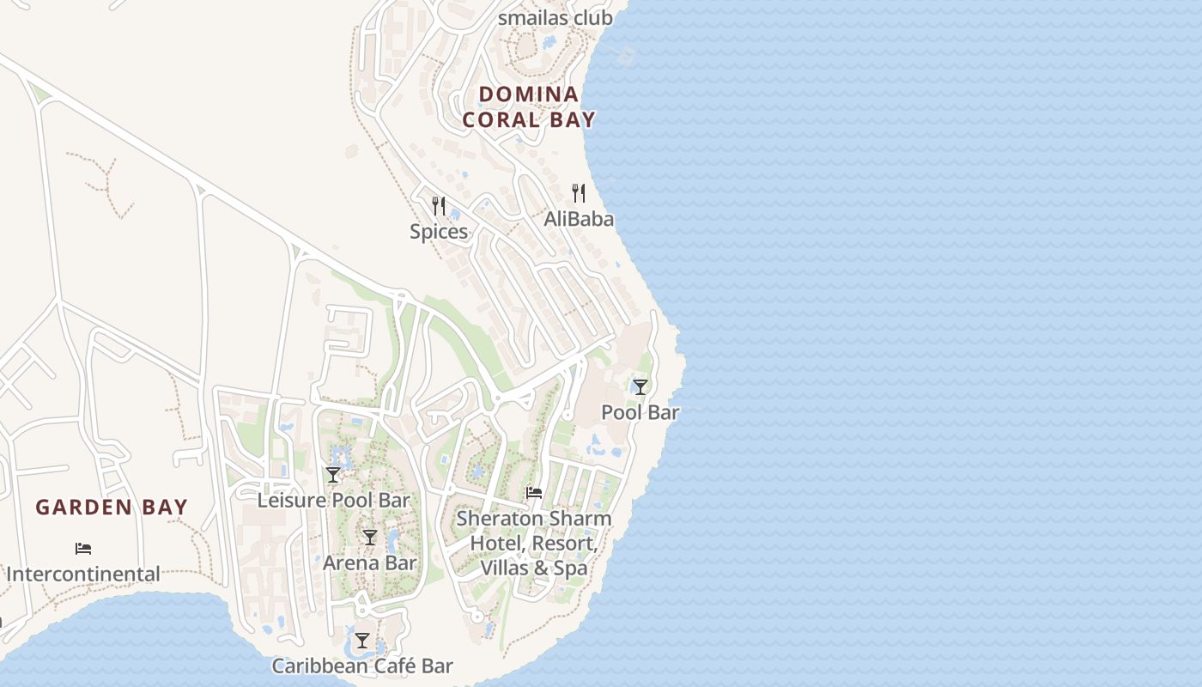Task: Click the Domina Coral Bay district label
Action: click(529, 106)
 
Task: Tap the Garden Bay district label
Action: click(112, 507)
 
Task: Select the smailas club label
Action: click(555, 17)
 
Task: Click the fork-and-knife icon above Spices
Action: click(439, 206)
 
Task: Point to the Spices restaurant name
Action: click(439, 231)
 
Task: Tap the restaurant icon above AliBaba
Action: click(579, 193)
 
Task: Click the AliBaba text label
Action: click(579, 219)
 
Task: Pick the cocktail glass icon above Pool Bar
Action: click(640, 386)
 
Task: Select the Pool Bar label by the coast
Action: click(640, 412)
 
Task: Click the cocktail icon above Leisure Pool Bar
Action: click(333, 475)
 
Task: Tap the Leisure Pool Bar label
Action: click(334, 500)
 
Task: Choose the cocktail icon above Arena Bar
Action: click(370, 538)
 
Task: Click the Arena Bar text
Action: click(370, 563)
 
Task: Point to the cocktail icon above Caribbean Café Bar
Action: click(362, 641)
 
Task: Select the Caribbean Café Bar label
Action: click(362, 666)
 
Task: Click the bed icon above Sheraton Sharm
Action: click(534, 493)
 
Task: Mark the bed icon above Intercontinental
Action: click(83, 548)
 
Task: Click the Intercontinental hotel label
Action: click(83, 574)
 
